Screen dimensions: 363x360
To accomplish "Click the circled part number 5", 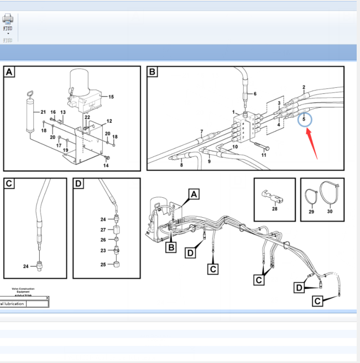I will (x=304, y=119).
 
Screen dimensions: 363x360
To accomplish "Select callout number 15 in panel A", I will (x=111, y=97).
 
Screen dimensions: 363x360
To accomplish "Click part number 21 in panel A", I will (x=43, y=112).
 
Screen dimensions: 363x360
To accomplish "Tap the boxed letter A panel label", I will (x=10, y=72).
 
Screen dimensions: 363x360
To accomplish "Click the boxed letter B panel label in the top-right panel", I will (x=153, y=72).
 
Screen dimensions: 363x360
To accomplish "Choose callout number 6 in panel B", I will (x=255, y=94).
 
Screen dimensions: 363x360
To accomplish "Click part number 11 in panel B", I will (x=264, y=155).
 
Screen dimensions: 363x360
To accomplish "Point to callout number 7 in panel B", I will (x=202, y=131).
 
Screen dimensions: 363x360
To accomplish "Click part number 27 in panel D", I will (x=103, y=230).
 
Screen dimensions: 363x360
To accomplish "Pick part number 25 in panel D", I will (x=103, y=265).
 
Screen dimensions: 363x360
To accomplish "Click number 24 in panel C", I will (x=25, y=267).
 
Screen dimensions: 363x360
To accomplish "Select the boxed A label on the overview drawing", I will (x=193, y=194).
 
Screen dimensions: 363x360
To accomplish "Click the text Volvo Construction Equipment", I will (x=23, y=291).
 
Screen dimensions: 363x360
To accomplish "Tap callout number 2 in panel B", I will (x=304, y=87).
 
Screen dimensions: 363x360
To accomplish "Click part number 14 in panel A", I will (x=106, y=165).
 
